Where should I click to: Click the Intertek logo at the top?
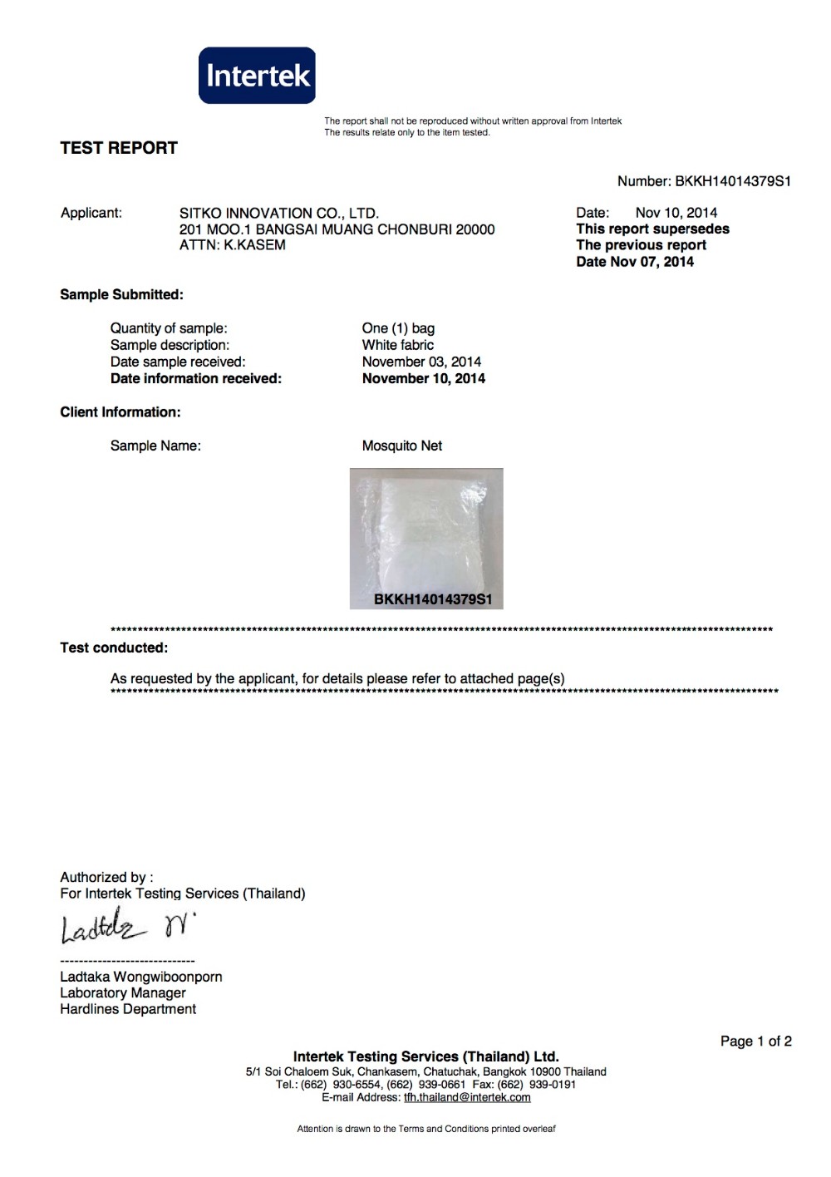point(257,76)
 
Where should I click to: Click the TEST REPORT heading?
point(119,148)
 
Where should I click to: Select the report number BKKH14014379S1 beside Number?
point(732,181)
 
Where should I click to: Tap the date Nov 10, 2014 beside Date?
point(676,213)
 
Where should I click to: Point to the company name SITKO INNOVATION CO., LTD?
point(279,214)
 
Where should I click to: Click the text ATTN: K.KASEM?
point(233,245)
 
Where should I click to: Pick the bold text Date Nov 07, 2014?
point(635,262)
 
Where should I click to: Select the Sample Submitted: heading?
point(121,295)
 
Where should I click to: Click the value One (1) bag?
point(398,328)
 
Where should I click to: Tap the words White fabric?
point(397,345)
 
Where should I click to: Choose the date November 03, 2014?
point(421,362)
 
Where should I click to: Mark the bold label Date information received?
point(196,379)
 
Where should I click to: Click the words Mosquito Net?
point(402,446)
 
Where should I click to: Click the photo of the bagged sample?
point(426,532)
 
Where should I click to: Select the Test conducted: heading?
point(114,648)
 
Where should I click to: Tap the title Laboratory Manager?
point(123,993)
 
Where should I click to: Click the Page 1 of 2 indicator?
point(755,1042)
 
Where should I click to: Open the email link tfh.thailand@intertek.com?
point(467,1097)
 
